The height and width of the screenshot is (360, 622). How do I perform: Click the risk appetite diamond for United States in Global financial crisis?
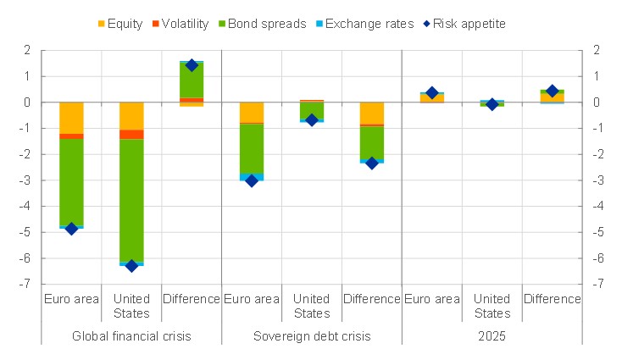131,265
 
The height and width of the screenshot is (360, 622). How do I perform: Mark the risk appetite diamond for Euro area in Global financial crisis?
71,229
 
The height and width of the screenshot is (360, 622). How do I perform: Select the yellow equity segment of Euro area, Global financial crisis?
71,118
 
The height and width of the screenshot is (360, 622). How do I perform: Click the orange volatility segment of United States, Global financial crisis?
131,134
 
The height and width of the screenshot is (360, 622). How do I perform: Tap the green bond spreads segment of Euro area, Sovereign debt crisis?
252,148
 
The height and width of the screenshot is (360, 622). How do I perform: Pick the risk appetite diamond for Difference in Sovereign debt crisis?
371,163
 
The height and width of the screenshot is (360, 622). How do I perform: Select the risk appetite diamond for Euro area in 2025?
431,92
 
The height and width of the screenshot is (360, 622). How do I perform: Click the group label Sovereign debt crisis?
311,336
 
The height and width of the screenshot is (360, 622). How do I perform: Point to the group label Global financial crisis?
131,336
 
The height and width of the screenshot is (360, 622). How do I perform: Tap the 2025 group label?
491,336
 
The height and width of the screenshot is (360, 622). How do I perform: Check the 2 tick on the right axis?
596,51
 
